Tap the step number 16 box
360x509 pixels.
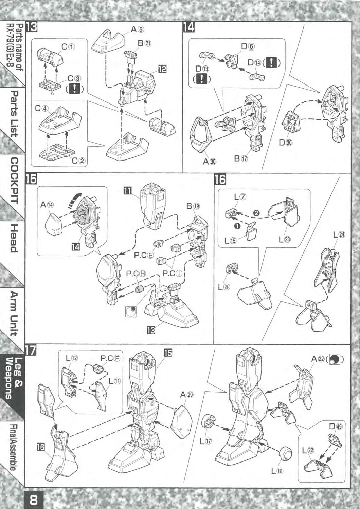(x=220, y=180)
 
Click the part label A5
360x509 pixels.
(x=138, y=29)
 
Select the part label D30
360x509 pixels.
(x=286, y=143)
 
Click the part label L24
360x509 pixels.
(x=339, y=235)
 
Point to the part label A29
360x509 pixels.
(x=186, y=395)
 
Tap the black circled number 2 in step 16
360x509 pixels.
(x=256, y=213)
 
